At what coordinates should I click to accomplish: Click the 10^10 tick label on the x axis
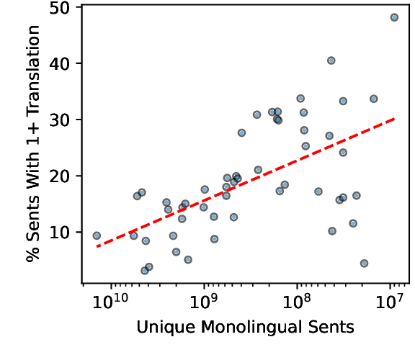[x=110, y=300]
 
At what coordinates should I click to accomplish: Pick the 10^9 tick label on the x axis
[x=204, y=300]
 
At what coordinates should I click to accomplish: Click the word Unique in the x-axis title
[x=159, y=328]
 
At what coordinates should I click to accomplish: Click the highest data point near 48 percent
[x=394, y=17]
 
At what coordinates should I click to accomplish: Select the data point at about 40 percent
[x=331, y=60]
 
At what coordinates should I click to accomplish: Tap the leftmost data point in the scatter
[x=97, y=235]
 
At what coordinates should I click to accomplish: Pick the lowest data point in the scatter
[x=145, y=271]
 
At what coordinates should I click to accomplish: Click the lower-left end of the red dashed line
[x=97, y=246]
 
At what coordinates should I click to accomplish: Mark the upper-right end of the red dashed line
[x=394, y=118]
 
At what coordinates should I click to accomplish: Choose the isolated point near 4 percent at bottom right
[x=364, y=264]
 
